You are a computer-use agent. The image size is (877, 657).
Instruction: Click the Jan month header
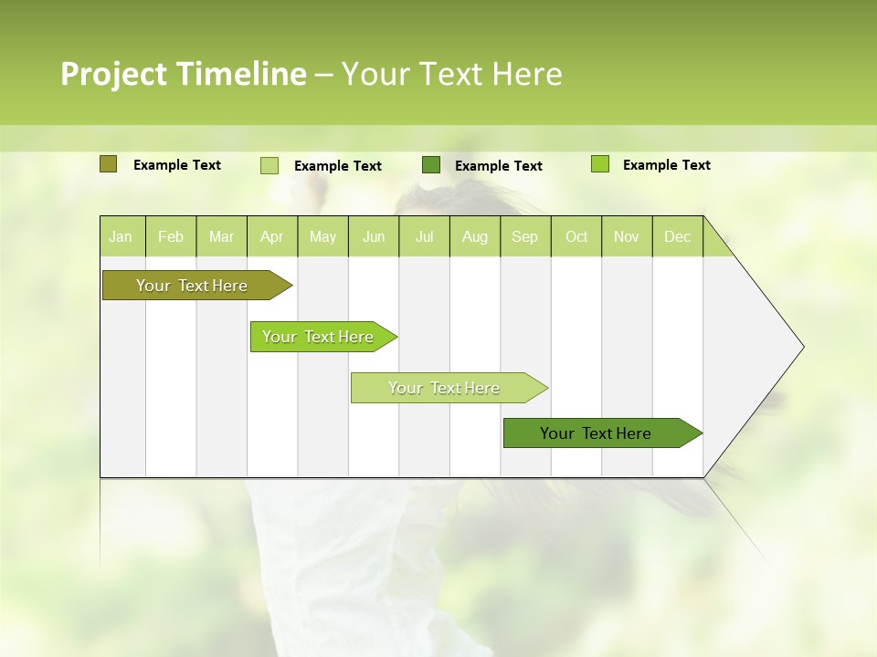pos(122,236)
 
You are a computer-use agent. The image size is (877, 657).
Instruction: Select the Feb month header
pos(171,236)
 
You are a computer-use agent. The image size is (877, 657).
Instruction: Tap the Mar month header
pos(221,236)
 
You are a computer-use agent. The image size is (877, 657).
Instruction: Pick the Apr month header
pos(272,236)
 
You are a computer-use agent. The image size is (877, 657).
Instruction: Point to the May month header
pos(322,236)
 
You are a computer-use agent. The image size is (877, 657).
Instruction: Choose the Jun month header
pos(374,236)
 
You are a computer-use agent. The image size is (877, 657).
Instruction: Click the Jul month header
pos(424,236)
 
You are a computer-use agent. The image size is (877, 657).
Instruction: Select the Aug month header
pos(475,236)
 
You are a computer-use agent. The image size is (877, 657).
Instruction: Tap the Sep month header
pos(525,236)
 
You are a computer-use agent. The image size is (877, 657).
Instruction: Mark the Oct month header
pos(576,236)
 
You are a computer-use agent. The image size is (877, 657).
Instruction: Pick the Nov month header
pos(627,236)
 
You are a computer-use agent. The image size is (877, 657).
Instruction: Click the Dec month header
pos(678,236)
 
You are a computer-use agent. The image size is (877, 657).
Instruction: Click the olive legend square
pos(108,164)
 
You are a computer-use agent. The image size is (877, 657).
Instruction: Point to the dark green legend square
pos(431,164)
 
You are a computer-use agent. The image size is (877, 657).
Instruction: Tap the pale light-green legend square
pos(269,165)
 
